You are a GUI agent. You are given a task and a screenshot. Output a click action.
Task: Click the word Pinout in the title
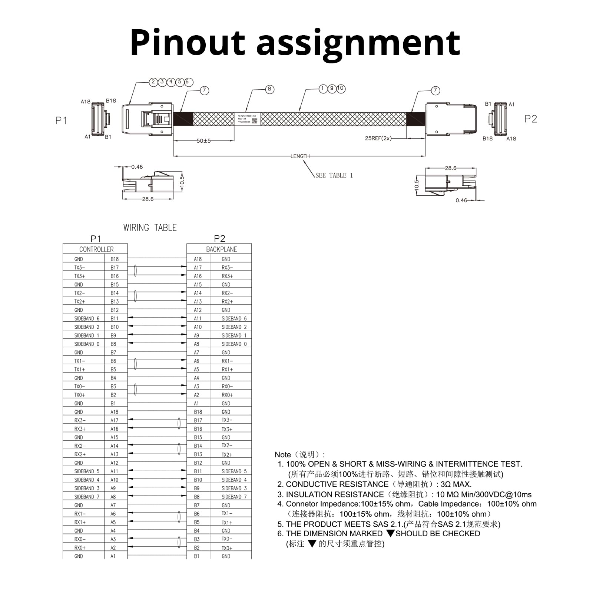(x=188, y=43)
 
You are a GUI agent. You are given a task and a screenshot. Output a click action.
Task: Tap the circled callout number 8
(x=269, y=89)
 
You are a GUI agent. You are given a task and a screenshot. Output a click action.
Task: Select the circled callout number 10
(x=341, y=89)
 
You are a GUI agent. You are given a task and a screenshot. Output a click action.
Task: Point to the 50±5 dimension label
(x=203, y=141)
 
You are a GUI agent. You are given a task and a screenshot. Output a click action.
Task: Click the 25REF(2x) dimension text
(x=378, y=138)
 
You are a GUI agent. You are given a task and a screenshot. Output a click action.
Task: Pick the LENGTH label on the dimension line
(x=300, y=156)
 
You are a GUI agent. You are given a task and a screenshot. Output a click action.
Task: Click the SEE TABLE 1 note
(x=334, y=175)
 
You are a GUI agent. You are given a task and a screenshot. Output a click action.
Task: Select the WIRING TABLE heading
(x=150, y=228)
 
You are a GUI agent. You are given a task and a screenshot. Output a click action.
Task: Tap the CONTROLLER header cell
(x=96, y=249)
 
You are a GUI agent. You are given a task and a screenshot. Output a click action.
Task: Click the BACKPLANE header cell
(x=221, y=249)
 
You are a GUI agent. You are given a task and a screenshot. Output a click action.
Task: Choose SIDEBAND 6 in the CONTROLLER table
(x=87, y=318)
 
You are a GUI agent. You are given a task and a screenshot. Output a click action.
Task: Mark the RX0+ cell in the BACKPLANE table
(x=227, y=395)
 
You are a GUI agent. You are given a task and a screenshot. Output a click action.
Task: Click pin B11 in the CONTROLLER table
(x=115, y=318)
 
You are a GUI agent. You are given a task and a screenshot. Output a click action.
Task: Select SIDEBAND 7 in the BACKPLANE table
(x=234, y=497)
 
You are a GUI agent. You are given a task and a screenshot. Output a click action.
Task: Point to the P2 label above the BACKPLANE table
(x=219, y=238)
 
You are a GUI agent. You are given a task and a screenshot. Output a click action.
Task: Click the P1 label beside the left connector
(x=61, y=120)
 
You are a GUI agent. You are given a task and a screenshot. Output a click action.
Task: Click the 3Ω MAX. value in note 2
(x=456, y=484)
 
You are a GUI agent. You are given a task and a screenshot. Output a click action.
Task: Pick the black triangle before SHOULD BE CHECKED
(x=390, y=533)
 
